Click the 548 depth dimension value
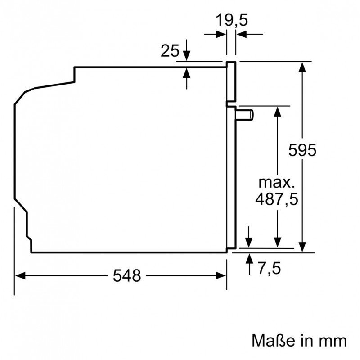click(x=127, y=275)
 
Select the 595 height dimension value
click(x=302, y=150)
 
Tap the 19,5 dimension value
click(x=232, y=20)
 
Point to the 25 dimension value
click(x=170, y=50)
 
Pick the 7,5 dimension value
click(x=269, y=268)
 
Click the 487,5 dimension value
click(x=277, y=199)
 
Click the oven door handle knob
click(x=244, y=115)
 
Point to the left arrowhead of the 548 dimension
click(x=20, y=275)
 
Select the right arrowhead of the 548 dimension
click(x=221, y=275)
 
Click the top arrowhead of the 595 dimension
click(x=302, y=67)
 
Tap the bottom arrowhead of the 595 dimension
click(x=302, y=247)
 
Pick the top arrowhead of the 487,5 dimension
click(x=278, y=112)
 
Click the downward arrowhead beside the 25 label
click(x=187, y=56)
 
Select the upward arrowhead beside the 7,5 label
click(x=249, y=258)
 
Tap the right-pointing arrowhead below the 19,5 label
click(x=221, y=35)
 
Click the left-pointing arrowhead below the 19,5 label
click(x=242, y=35)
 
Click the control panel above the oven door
click(x=231, y=81)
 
